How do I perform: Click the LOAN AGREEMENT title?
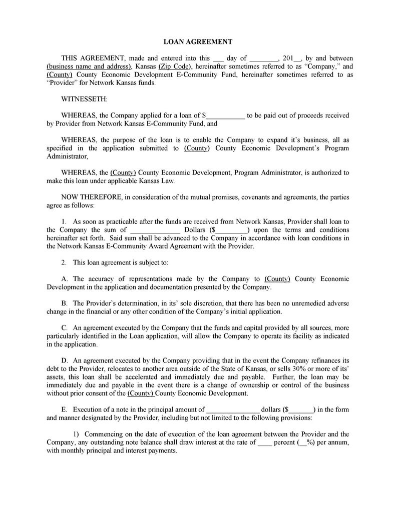click(x=198, y=41)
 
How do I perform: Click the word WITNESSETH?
click(x=84, y=99)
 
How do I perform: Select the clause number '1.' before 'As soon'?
click(x=64, y=221)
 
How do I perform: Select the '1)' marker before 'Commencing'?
click(x=77, y=434)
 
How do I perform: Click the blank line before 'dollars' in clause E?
click(x=232, y=409)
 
